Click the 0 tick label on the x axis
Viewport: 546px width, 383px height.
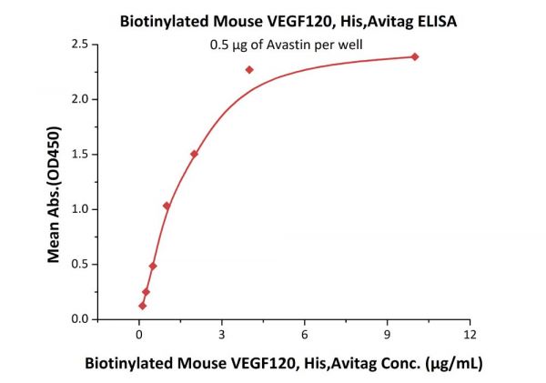pyautogui.click(x=138, y=335)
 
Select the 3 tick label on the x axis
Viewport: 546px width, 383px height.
pyautogui.click(x=221, y=335)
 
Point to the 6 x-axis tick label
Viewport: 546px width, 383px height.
pyautogui.click(x=304, y=335)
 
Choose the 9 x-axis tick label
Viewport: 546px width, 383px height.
pyautogui.click(x=388, y=335)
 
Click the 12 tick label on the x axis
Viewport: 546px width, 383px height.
pyautogui.click(x=470, y=335)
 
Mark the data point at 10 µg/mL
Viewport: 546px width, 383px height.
pyautogui.click(x=415, y=56)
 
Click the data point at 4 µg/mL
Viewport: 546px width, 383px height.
pyautogui.click(x=249, y=69)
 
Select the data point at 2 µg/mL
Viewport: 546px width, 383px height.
pyautogui.click(x=194, y=154)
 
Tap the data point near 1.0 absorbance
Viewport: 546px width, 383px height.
pyautogui.click(x=167, y=206)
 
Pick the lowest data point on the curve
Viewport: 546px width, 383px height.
pyautogui.click(x=142, y=306)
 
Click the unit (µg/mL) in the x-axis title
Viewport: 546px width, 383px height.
pyautogui.click(x=452, y=364)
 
